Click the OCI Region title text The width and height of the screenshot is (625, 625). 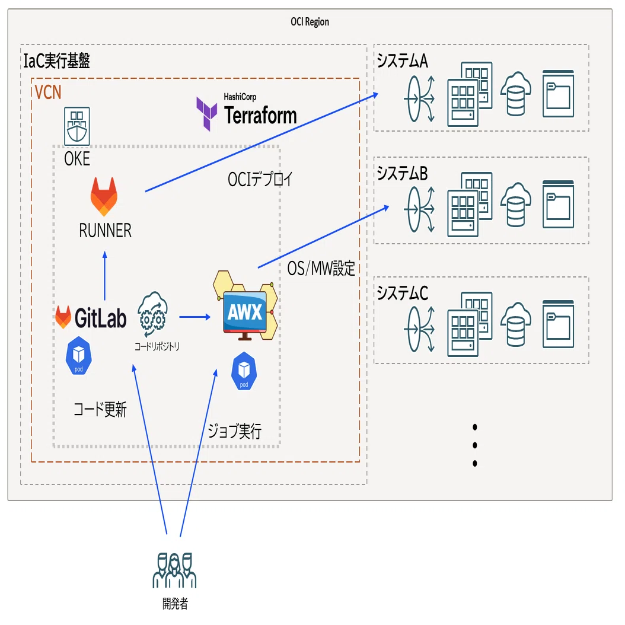310,21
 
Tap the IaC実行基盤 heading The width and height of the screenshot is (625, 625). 56,60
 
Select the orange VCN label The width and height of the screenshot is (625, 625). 48,93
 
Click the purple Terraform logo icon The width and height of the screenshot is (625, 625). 206,114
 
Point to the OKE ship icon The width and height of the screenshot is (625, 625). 77,126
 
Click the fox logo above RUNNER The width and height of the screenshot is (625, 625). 104,196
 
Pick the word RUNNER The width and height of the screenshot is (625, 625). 105,231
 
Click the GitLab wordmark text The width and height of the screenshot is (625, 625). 100,318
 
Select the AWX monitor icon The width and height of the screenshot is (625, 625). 245,306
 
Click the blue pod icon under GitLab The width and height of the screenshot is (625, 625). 78,356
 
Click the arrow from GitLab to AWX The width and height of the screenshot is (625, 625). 195,317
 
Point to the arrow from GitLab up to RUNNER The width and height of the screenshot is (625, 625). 105,275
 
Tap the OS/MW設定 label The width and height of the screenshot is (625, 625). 321,268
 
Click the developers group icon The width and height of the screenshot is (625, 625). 174,570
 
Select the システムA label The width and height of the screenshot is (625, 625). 402,61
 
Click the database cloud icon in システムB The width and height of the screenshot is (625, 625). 516,205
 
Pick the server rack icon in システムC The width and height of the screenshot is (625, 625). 470,324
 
